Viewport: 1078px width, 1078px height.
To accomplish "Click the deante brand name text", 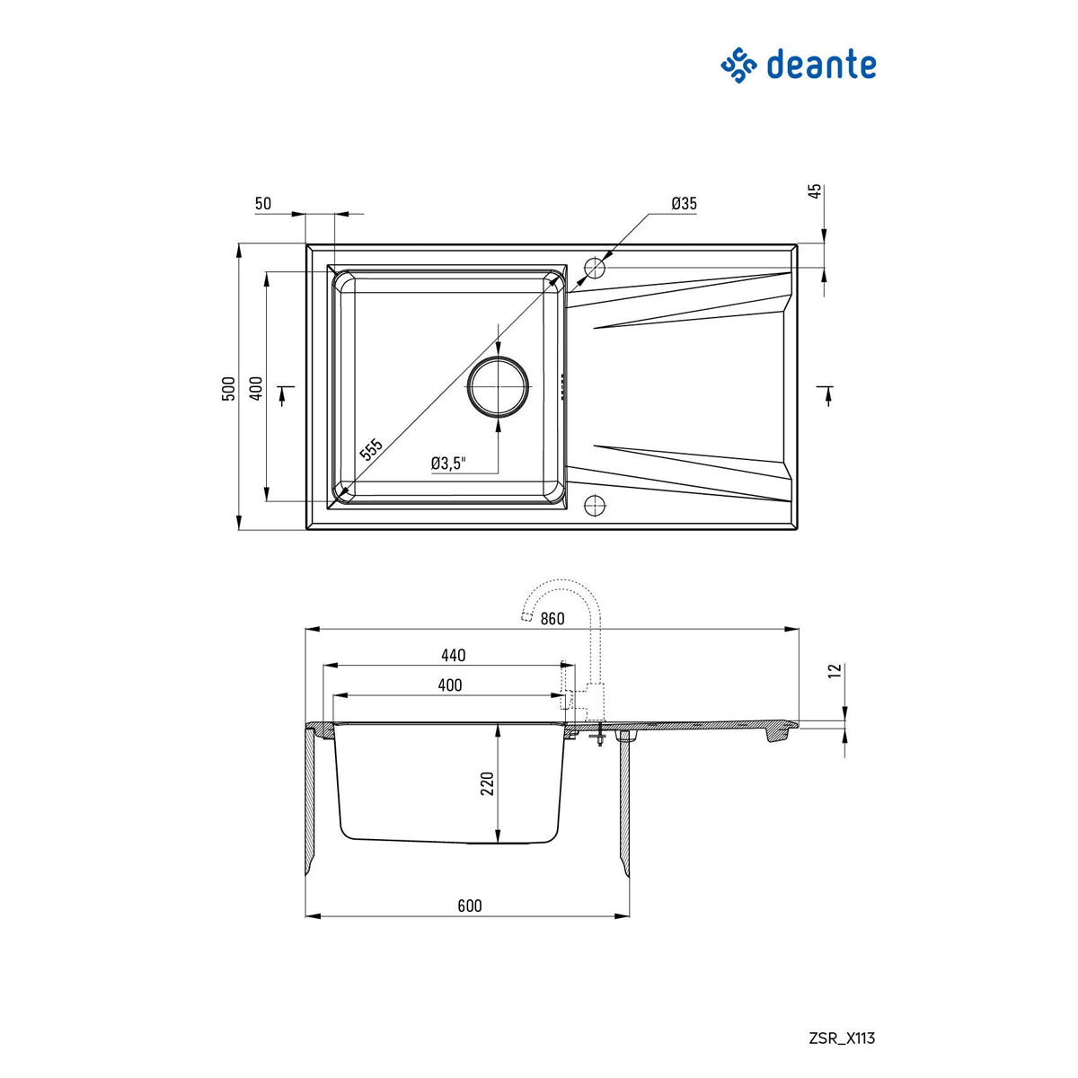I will click(821, 66).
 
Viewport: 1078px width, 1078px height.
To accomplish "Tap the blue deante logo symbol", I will click(739, 66).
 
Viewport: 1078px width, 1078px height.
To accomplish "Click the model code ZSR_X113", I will click(840, 1038).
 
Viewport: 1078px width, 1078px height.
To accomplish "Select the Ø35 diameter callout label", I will click(684, 204).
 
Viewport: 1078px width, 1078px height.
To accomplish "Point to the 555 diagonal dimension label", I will click(371, 449).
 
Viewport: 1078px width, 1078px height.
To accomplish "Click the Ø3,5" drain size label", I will click(448, 464).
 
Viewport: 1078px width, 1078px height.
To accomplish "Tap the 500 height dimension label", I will click(229, 388).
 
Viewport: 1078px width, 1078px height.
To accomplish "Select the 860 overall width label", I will click(552, 619).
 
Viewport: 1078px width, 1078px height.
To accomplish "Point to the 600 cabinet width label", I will click(469, 906).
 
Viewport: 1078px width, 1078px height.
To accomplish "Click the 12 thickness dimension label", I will click(834, 671).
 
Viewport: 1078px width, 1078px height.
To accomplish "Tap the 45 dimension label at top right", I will click(815, 191).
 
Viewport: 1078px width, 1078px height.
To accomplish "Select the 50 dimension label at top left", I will click(262, 204).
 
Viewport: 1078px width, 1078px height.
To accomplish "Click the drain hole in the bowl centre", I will click(496, 387).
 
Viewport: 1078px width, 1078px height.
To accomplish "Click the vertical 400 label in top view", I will click(256, 388).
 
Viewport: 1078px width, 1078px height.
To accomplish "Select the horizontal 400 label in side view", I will click(450, 685).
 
